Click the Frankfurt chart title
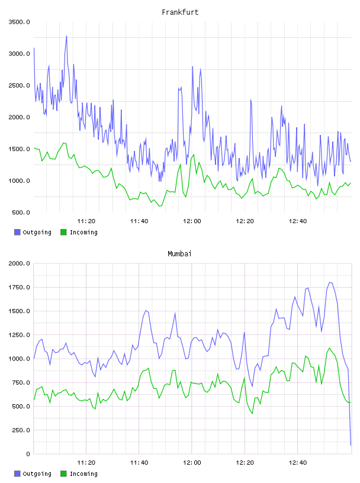(180, 12)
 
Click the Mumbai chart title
(179, 254)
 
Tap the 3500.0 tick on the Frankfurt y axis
(19, 22)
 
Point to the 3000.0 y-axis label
(19, 54)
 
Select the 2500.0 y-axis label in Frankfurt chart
(19, 85)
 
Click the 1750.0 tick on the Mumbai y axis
(19, 288)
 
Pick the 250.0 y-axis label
(21, 430)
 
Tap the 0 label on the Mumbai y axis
(28, 454)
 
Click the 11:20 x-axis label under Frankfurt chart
(86, 221)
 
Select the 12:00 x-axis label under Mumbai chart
(192, 462)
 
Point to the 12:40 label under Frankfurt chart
(298, 221)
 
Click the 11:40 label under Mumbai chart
(139, 462)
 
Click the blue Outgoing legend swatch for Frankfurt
(17, 232)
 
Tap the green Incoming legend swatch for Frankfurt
(63, 232)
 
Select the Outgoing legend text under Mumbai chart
(37, 474)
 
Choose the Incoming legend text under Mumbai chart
(83, 474)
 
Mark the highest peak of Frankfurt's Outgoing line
(66, 36)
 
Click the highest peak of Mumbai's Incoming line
(329, 348)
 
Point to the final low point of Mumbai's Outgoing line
(351, 445)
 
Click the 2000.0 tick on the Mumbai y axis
(19, 263)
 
